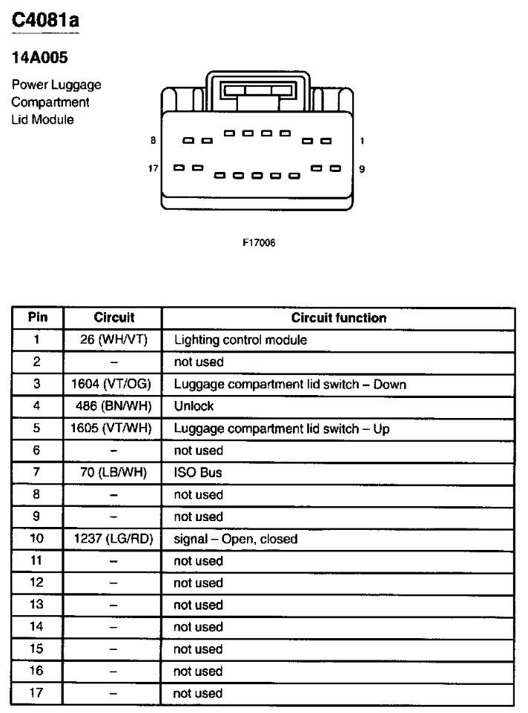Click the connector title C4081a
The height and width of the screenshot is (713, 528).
(45, 20)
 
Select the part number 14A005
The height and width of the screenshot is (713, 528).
(39, 58)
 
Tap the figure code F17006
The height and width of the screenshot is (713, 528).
(259, 243)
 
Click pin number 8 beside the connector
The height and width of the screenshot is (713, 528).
(154, 141)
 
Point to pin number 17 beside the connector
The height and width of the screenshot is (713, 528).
(153, 169)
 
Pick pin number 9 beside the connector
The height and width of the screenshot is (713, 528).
(362, 169)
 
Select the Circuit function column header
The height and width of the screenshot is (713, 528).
(339, 318)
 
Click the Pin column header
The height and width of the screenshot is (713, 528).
(38, 317)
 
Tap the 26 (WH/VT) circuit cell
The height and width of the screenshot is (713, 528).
(113, 339)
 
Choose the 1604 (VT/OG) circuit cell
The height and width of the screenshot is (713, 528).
(111, 384)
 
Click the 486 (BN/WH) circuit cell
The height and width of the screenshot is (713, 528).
(113, 406)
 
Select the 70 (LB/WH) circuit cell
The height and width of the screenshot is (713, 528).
(113, 472)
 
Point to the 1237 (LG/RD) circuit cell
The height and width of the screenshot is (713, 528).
(113, 539)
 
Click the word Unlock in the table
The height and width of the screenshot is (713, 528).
(194, 406)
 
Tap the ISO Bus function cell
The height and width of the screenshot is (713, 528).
(198, 472)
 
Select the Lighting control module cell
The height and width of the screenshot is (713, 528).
(240, 340)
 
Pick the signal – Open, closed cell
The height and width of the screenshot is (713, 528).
(236, 540)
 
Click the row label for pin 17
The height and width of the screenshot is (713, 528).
(36, 693)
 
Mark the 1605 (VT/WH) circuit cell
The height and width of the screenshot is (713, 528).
(111, 428)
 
